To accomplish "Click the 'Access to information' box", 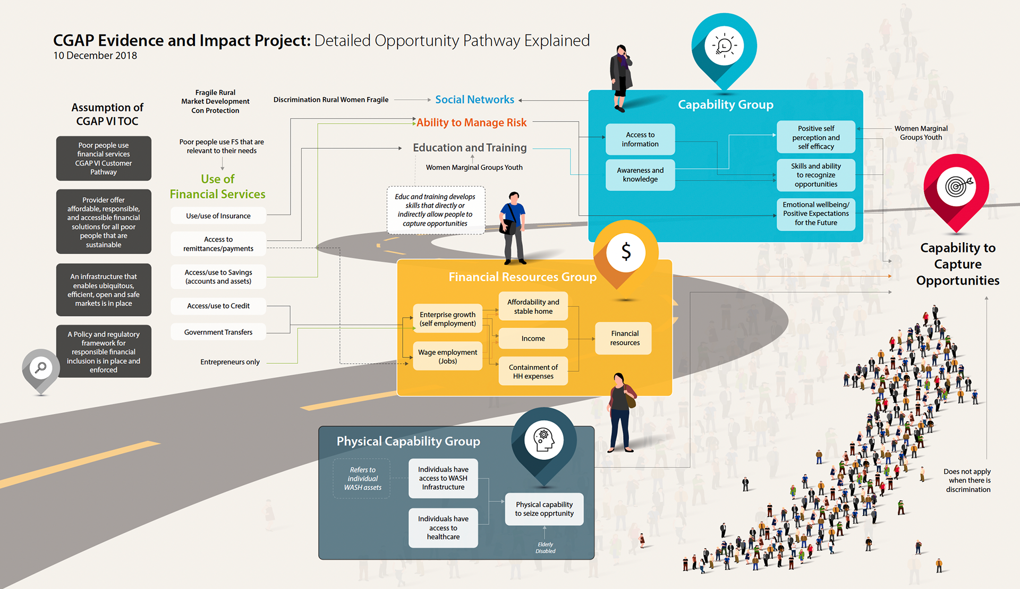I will point(640,139).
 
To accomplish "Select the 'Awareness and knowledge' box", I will point(640,175).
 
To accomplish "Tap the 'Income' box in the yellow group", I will point(533,338).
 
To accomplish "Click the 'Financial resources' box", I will point(625,338).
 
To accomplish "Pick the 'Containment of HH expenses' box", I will point(533,371).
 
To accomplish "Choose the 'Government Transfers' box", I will point(218,332).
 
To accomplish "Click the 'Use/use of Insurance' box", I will point(218,216).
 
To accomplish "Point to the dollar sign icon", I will point(626,252).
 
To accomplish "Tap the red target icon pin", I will point(956,187).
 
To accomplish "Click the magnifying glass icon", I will point(41,368).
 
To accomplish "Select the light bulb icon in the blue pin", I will point(724,46).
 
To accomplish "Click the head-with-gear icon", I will point(544,440).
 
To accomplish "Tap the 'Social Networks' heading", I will point(474,100).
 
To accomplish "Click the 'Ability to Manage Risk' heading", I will point(471,123).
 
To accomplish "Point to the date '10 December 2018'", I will point(95,56).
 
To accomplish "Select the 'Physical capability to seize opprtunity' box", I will point(544,509).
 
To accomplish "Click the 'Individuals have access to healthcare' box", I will point(443,527).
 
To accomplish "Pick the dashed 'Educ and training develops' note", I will point(436,210).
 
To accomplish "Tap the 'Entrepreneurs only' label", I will point(230,362).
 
